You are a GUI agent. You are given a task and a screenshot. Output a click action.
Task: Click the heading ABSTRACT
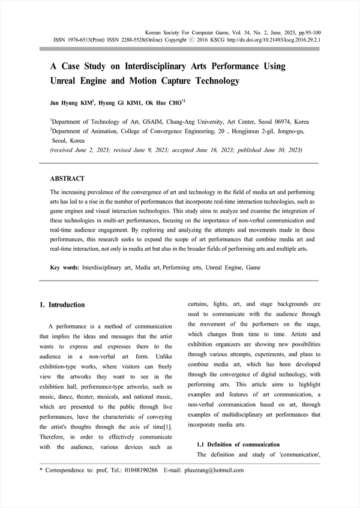coord(67,179)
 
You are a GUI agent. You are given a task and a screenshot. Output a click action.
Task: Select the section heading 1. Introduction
coord(62,305)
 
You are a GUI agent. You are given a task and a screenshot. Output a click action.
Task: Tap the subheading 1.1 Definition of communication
coord(238,444)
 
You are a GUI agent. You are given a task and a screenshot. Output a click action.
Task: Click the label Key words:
coord(64,267)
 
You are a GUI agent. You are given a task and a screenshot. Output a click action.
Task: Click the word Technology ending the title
coord(211,80)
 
